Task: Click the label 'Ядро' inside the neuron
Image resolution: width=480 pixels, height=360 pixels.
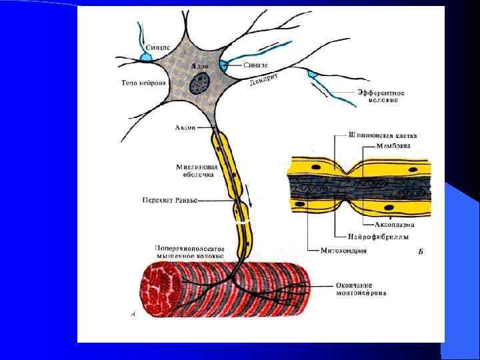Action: tap(199, 67)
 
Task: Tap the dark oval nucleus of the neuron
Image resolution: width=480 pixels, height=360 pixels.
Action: tap(199, 83)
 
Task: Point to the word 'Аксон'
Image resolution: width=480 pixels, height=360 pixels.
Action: tap(185, 127)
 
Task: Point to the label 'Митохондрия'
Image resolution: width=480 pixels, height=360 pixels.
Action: tap(337, 251)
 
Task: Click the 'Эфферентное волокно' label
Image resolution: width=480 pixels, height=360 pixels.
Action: tap(378, 95)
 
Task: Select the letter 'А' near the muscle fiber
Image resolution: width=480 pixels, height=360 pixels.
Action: tap(134, 313)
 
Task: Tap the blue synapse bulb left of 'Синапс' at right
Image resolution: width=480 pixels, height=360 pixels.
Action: tap(225, 65)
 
